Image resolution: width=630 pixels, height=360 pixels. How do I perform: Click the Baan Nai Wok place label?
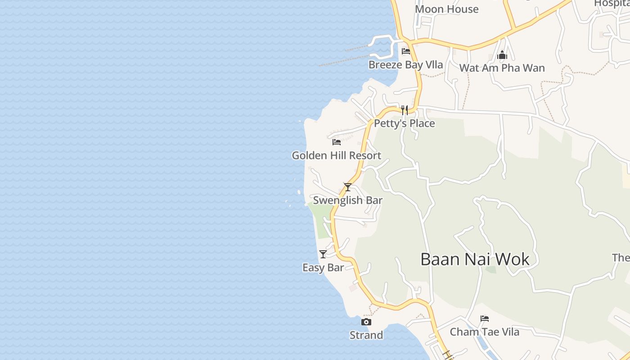click(475, 259)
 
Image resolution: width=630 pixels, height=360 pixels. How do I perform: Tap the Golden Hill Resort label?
click(336, 156)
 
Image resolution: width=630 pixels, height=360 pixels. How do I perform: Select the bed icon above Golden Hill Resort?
click(336, 143)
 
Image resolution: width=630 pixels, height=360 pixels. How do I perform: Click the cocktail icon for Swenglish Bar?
click(347, 187)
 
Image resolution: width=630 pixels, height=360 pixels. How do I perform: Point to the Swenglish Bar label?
click(347, 200)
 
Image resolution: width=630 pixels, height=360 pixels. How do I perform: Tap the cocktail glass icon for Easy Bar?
click(323, 254)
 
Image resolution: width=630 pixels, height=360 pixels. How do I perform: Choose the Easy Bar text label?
click(323, 268)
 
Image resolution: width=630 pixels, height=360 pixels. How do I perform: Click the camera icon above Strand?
click(366, 322)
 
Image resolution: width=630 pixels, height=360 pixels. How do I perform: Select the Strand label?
click(366, 335)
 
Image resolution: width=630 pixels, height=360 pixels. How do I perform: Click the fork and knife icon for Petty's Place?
click(405, 110)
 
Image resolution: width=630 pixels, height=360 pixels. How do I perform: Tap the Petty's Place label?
click(405, 123)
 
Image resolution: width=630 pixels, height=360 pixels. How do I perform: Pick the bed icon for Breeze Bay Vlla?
click(406, 51)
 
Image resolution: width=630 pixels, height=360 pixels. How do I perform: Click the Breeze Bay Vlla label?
click(405, 65)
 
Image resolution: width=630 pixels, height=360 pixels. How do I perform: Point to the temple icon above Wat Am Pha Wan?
click(502, 55)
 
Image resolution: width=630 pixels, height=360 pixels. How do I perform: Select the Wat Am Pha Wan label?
click(502, 68)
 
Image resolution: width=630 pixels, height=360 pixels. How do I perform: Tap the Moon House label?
click(446, 9)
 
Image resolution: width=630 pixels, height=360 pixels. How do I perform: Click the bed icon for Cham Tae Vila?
click(485, 319)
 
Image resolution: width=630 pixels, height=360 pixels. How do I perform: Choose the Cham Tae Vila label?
click(485, 332)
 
